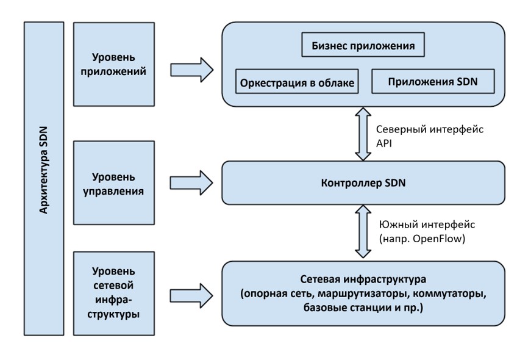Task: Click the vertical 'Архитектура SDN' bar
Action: [x=43, y=178]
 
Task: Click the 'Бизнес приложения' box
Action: [x=363, y=46]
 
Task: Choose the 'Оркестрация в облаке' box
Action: [x=296, y=82]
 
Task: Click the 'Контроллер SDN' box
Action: [x=363, y=182]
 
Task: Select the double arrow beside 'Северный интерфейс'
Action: [x=363, y=134]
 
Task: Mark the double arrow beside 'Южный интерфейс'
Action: [x=363, y=232]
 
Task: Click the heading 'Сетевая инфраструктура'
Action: [x=363, y=280]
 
